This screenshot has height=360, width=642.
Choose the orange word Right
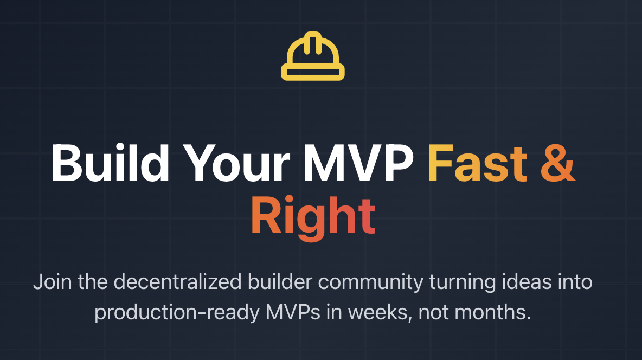click(x=313, y=216)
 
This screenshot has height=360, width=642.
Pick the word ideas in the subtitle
click(x=522, y=282)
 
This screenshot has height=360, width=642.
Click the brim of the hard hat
click(x=313, y=73)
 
